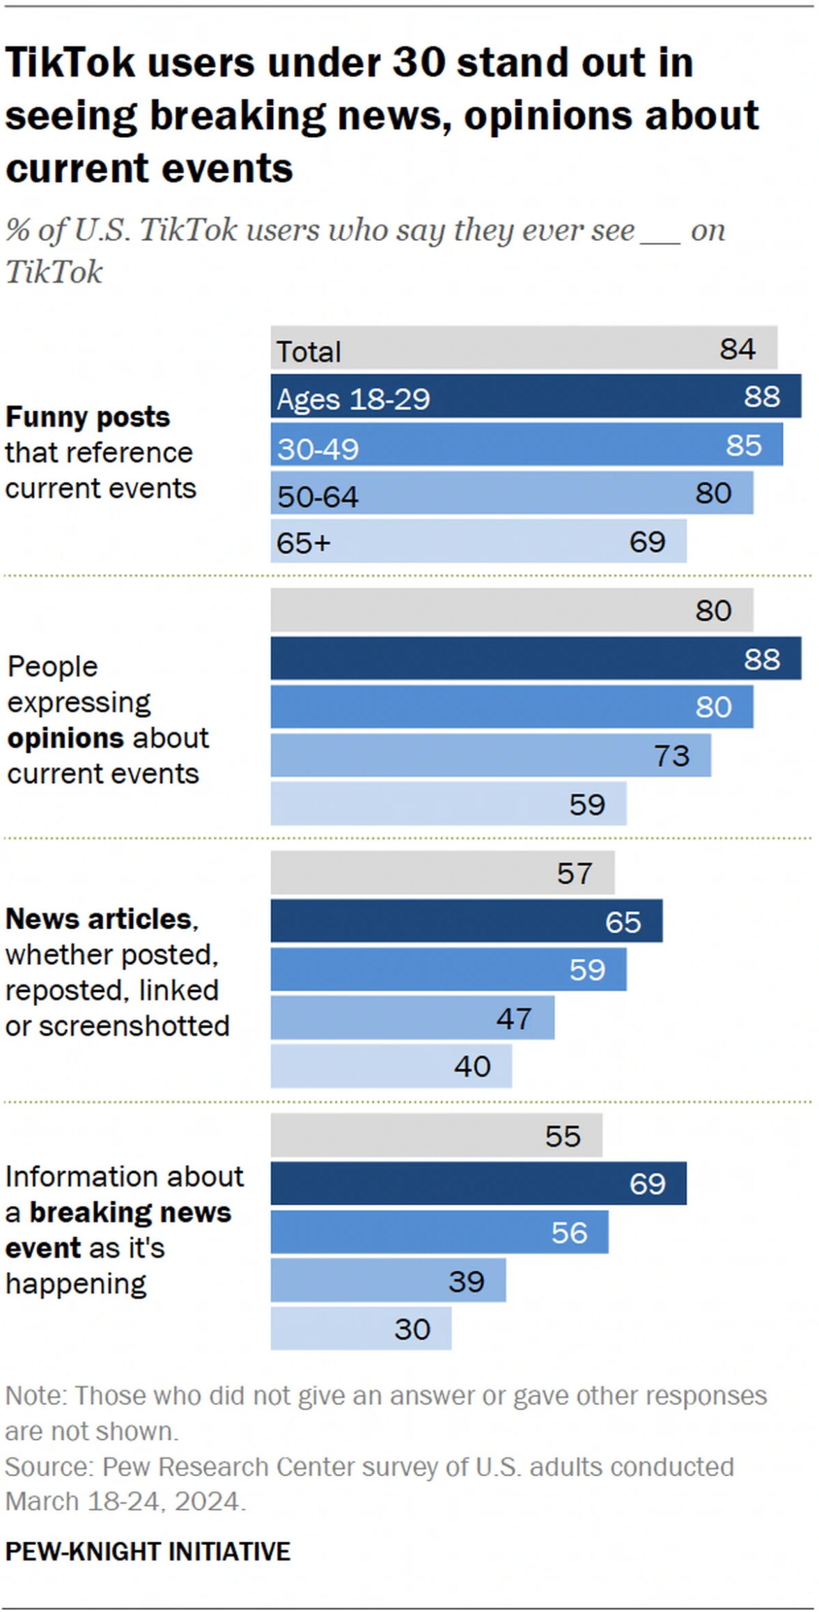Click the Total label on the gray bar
(309, 351)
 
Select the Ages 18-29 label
(353, 399)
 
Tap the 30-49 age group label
(318, 449)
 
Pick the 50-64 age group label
(318, 497)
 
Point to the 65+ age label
(303, 543)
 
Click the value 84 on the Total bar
(738, 349)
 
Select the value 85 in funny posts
(744, 445)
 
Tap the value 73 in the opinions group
(671, 756)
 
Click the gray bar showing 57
(442, 873)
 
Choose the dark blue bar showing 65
(467, 921)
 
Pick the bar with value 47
(412, 1018)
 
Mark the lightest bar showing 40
(391, 1066)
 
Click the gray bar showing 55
(436, 1136)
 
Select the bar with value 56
(439, 1232)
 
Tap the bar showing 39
(388, 1280)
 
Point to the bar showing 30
(361, 1328)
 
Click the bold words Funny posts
(88, 417)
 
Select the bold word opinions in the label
(56, 738)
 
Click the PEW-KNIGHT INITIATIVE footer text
(148, 1551)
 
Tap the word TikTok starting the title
(70, 63)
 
